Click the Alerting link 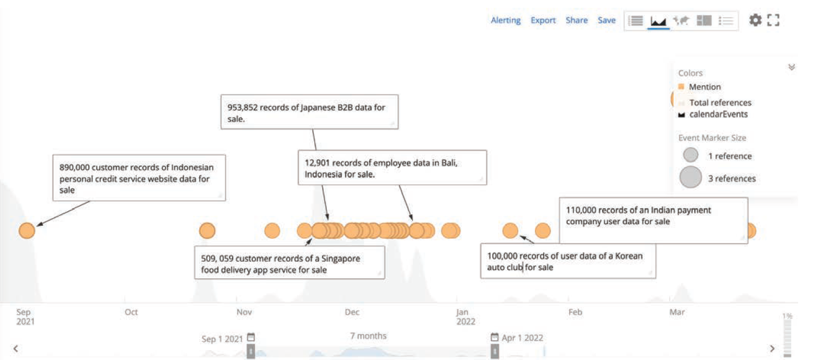pyautogui.click(x=505, y=20)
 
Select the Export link pyautogui.click(x=543, y=20)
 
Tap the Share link pyautogui.click(x=576, y=20)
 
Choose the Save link pyautogui.click(x=607, y=20)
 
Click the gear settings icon pyautogui.click(x=755, y=20)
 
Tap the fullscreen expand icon pyautogui.click(x=773, y=20)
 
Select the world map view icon pyautogui.click(x=681, y=20)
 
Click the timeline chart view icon pyautogui.click(x=658, y=21)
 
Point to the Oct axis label pyautogui.click(x=131, y=312)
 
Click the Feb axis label pyautogui.click(x=575, y=312)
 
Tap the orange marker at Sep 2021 pyautogui.click(x=27, y=230)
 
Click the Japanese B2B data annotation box pyautogui.click(x=310, y=112)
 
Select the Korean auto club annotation pyautogui.click(x=568, y=261)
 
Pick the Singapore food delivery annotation pyautogui.click(x=289, y=263)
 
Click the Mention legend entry pyautogui.click(x=700, y=87)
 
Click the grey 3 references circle pyautogui.click(x=690, y=177)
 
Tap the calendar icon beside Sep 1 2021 pyautogui.click(x=251, y=337)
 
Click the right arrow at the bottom pyautogui.click(x=772, y=349)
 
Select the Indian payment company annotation pyautogui.click(x=654, y=220)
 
